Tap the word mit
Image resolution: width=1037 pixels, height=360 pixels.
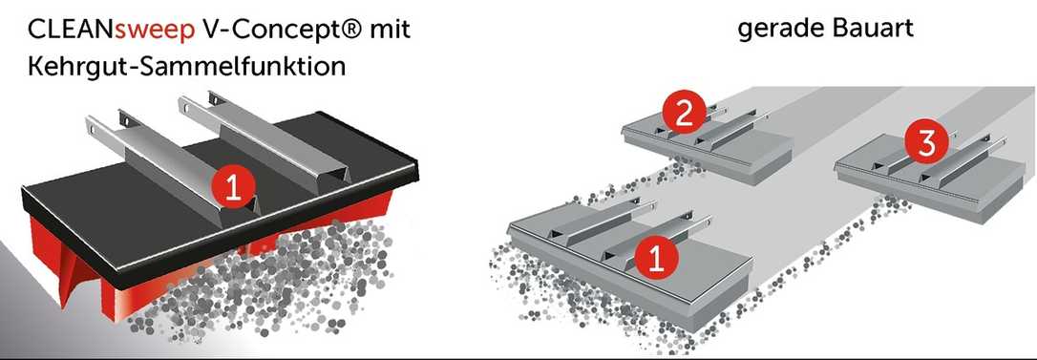point(391,30)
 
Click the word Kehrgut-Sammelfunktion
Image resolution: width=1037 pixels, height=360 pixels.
point(187,68)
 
